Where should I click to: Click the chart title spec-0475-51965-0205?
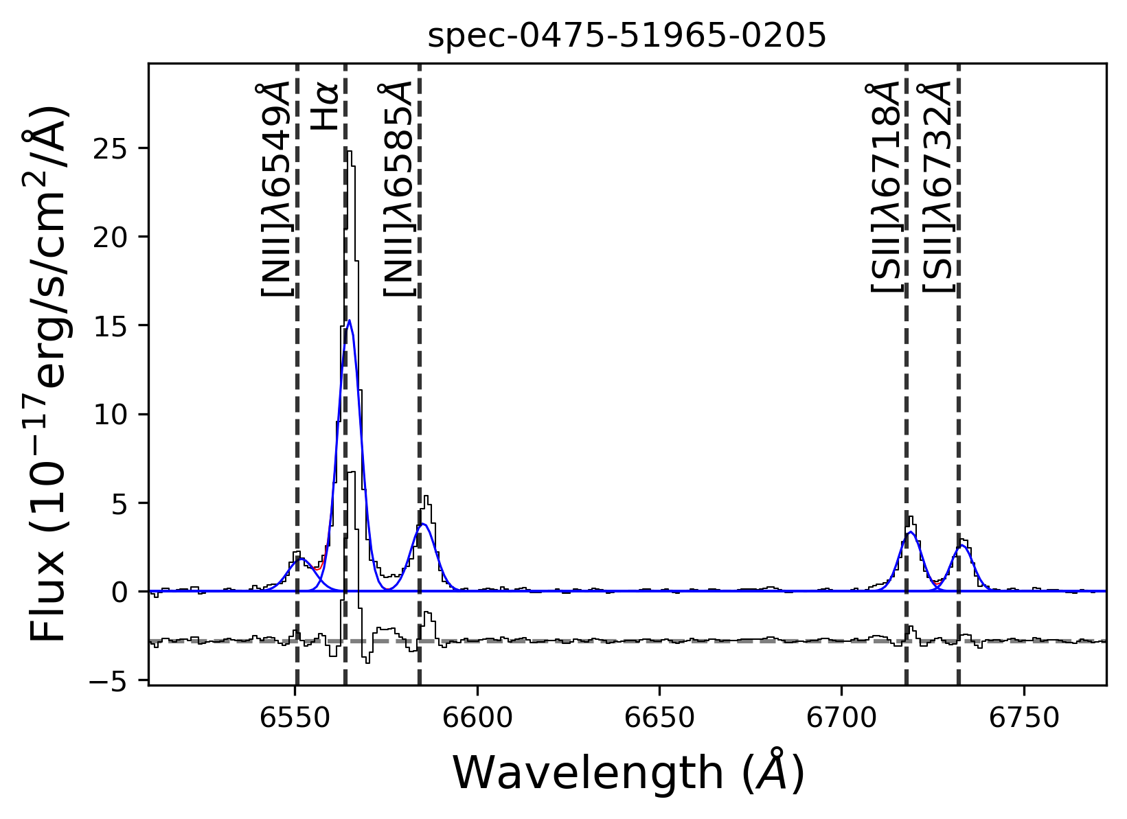click(x=626, y=37)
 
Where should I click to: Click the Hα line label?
click(x=324, y=107)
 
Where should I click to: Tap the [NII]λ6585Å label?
click(x=398, y=189)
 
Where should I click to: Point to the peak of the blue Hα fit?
click(x=350, y=321)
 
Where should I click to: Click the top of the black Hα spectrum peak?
click(x=349, y=152)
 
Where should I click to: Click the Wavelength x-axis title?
click(x=628, y=773)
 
